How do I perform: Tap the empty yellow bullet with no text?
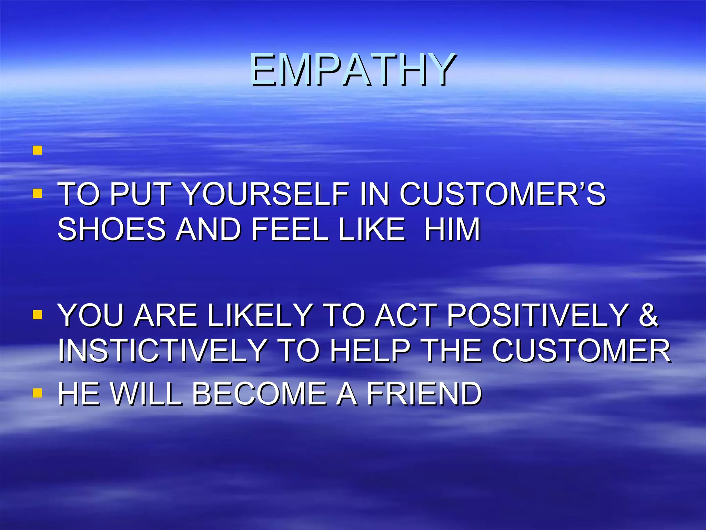coord(38,150)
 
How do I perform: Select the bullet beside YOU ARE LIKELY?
coord(38,314)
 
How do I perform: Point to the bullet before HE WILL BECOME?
coord(38,393)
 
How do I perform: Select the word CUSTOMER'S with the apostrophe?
coord(502,194)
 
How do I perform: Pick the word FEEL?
coord(290,229)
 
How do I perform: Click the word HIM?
coord(452,229)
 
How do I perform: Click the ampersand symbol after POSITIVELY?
coord(648,315)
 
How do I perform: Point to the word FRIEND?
coord(424,394)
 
